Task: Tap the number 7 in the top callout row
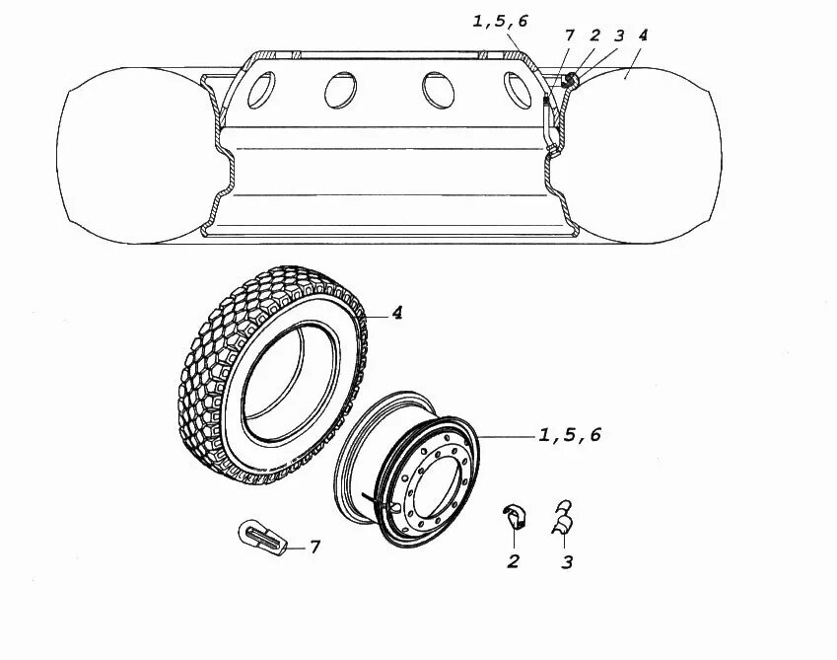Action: pos(570,37)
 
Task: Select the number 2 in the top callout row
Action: pos(594,36)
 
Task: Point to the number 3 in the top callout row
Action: pos(618,36)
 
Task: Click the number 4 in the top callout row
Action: pos(643,36)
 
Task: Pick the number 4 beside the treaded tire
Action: pos(396,314)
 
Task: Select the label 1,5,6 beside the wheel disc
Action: pos(569,435)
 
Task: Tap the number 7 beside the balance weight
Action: pos(315,546)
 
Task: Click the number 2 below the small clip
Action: pos(514,562)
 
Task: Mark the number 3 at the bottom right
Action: pos(567,562)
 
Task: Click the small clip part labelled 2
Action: pos(514,515)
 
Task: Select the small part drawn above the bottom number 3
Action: pos(563,517)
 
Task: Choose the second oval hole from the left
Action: pos(340,90)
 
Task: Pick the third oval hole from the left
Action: pos(435,89)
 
